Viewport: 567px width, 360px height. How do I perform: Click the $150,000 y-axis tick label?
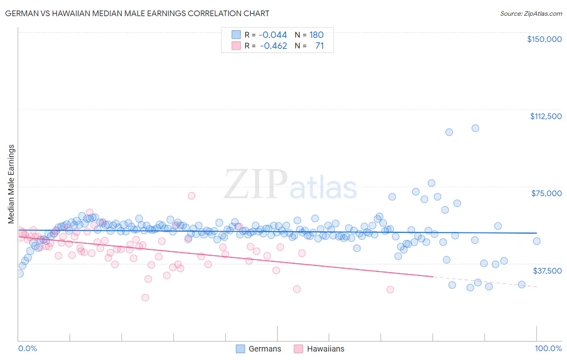[x=544, y=39]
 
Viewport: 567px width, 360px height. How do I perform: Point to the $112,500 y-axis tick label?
[x=546, y=116]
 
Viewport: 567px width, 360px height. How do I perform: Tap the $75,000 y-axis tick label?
[x=546, y=193]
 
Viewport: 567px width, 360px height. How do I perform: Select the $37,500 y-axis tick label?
[x=547, y=271]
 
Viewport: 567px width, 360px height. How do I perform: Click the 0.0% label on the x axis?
[x=27, y=348]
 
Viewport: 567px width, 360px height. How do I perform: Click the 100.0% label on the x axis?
[x=548, y=348]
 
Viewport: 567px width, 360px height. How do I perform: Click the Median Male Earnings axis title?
[x=11, y=184]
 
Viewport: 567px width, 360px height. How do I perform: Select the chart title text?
[x=137, y=13]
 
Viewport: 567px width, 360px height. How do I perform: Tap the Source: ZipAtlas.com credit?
[x=531, y=13]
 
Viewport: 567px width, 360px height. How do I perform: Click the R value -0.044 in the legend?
[x=273, y=35]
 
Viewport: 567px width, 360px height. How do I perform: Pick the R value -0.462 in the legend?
[x=273, y=46]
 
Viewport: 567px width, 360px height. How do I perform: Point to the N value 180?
[x=316, y=35]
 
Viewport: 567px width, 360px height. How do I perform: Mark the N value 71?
[x=319, y=46]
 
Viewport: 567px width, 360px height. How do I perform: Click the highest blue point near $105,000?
[x=475, y=128]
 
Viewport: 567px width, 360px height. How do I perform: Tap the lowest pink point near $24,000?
[x=145, y=297]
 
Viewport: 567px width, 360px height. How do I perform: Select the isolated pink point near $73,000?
[x=192, y=195]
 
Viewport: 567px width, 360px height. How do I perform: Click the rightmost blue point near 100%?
[x=536, y=241]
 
